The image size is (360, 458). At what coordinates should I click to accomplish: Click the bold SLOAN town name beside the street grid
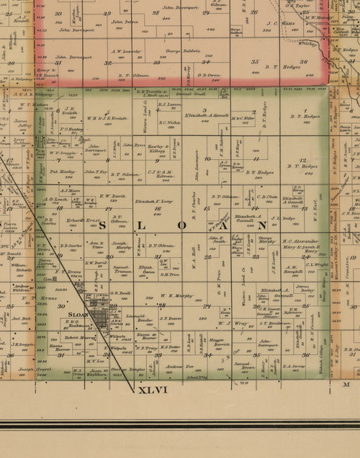coord(78,315)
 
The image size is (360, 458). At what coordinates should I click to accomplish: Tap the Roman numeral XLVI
coord(152,390)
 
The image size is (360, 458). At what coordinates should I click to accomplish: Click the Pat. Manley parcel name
coord(63,173)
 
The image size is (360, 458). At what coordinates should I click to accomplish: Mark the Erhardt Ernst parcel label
coord(76,220)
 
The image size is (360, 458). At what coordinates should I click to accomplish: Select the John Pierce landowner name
coord(126,22)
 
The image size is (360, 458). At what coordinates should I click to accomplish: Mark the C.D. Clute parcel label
coord(267,197)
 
